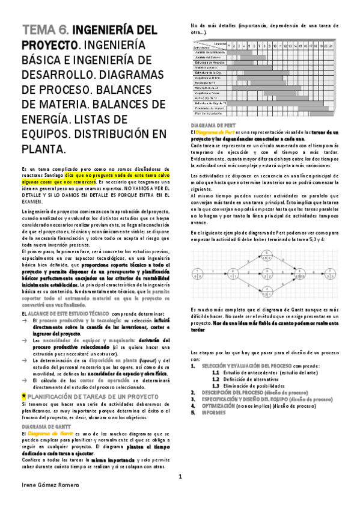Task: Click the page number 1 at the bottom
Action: coord(180,476)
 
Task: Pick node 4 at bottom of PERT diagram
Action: coord(266,291)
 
